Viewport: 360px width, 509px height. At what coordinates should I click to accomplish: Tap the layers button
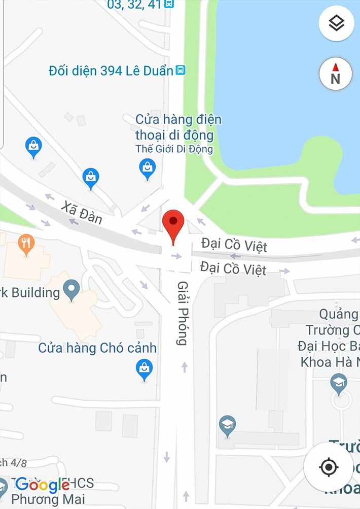click(x=336, y=23)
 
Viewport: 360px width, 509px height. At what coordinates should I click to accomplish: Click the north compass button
click(x=335, y=74)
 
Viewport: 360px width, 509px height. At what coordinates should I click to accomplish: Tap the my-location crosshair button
click(x=329, y=466)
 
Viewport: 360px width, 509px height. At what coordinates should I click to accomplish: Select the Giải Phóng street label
click(x=183, y=313)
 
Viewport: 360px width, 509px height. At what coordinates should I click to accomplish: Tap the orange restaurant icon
click(x=26, y=244)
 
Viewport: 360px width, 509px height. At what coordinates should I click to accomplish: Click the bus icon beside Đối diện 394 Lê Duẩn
click(x=180, y=70)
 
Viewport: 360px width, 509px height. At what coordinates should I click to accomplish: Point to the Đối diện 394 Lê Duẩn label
click(x=111, y=71)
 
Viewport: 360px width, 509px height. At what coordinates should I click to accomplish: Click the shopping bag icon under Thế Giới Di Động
click(x=148, y=168)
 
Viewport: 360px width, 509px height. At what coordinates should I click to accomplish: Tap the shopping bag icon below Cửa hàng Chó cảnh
click(x=145, y=369)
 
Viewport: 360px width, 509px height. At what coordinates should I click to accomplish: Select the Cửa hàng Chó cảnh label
click(x=97, y=349)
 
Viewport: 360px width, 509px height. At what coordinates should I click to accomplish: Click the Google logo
click(x=42, y=485)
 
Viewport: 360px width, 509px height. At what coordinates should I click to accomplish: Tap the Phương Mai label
click(x=48, y=499)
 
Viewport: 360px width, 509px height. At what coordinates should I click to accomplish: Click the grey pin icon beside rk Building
click(x=71, y=290)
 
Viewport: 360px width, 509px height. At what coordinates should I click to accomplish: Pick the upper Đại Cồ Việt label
click(x=234, y=246)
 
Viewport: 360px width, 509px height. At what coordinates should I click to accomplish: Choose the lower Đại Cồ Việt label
click(x=233, y=267)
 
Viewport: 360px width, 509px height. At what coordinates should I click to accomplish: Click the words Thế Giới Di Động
click(x=174, y=149)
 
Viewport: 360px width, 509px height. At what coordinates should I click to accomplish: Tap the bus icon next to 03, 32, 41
click(x=169, y=4)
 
